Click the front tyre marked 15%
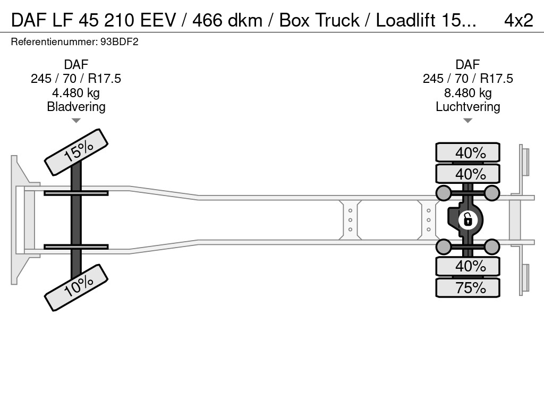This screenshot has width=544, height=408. [76, 152]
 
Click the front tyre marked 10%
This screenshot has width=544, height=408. [76, 287]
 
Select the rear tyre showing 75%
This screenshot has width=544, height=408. [467, 288]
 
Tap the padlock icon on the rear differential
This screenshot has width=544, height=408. [467, 219]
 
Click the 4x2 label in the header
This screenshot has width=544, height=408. [518, 20]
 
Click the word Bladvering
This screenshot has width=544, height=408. [76, 107]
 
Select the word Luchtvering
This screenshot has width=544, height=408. [467, 107]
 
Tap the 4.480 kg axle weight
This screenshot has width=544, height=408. [76, 93]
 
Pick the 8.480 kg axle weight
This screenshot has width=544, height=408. [467, 93]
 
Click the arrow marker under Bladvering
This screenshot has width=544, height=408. [76, 121]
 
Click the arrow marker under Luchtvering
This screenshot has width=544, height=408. [467, 121]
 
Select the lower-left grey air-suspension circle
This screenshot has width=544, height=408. [443, 246]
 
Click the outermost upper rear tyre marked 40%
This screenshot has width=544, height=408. [467, 152]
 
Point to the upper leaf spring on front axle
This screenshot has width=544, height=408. [76, 193]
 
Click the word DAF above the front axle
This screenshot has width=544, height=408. [76, 65]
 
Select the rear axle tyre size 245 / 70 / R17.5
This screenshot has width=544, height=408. [467, 79]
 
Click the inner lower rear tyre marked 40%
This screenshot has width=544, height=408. [467, 266]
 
